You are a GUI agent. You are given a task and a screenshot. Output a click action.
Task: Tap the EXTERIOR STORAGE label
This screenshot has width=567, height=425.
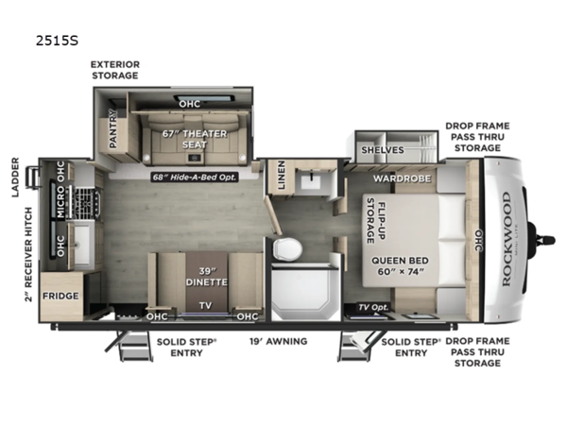pos(115,70)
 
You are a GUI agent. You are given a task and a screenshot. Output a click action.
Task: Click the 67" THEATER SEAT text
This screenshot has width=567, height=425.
pos(194,139)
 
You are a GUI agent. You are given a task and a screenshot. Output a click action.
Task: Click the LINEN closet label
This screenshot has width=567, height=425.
pos(280,175)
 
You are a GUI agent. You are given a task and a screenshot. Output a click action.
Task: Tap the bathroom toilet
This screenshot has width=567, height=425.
pos(288,249)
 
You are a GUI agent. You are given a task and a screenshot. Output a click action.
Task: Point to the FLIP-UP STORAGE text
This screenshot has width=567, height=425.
pos(375,222)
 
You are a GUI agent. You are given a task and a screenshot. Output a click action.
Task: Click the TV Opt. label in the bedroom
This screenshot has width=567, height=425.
pos(372,308)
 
